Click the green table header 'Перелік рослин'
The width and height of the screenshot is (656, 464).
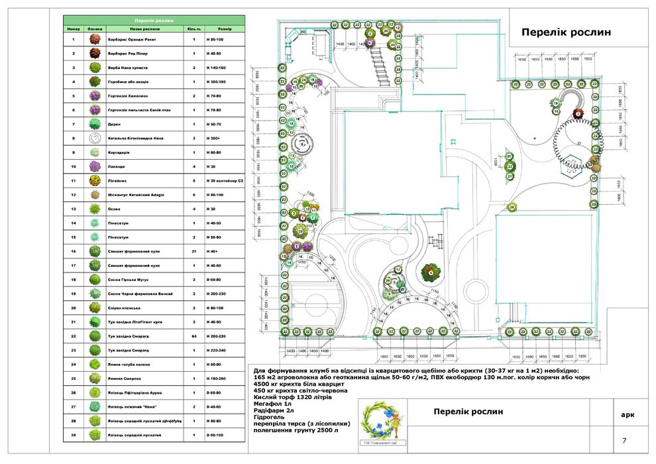coord(154,21)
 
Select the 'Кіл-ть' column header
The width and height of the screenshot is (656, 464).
coord(194,30)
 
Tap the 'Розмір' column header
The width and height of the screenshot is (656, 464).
coord(225,30)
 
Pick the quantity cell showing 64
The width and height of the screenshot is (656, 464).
coord(194,336)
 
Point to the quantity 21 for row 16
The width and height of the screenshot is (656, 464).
coord(194,252)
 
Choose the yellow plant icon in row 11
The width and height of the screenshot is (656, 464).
coord(95,180)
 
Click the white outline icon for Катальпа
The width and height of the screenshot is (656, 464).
coord(95,138)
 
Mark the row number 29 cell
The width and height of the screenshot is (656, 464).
coord(73,435)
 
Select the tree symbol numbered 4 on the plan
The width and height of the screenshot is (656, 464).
coord(430,272)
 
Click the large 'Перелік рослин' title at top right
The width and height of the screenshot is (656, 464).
coord(565,32)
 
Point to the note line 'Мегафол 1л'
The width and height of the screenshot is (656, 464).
coord(273,403)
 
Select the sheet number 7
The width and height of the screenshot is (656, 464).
coord(624,441)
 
